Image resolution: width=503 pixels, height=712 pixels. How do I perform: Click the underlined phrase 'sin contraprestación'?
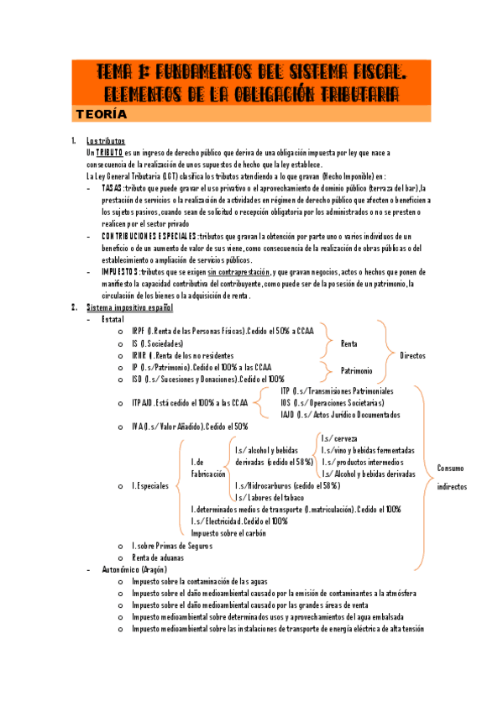click(239, 272)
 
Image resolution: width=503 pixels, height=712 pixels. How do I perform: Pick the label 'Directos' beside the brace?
click(412, 355)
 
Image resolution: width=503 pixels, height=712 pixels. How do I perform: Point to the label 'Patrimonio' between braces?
click(357, 370)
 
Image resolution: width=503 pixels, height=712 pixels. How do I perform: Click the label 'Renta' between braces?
click(348, 343)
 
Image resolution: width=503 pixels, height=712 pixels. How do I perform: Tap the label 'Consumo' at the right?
click(451, 468)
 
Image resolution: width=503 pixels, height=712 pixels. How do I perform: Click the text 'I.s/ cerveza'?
click(339, 438)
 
